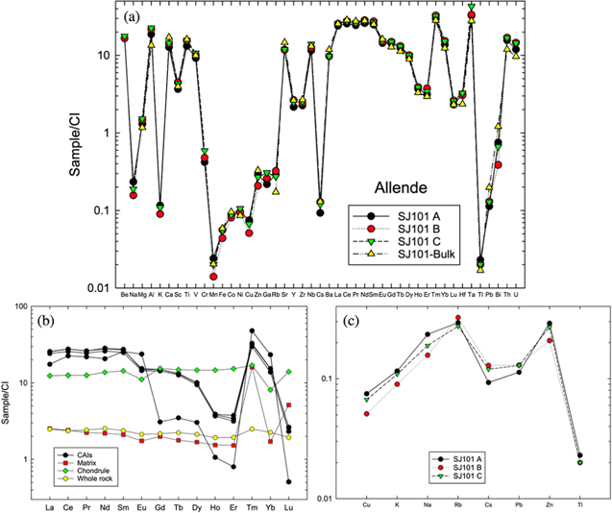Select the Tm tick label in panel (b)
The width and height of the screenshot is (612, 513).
pyautogui.click(x=252, y=507)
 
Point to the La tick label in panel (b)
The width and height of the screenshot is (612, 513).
pyautogui.click(x=50, y=507)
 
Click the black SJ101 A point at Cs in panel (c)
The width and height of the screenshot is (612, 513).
pyautogui.click(x=488, y=382)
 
